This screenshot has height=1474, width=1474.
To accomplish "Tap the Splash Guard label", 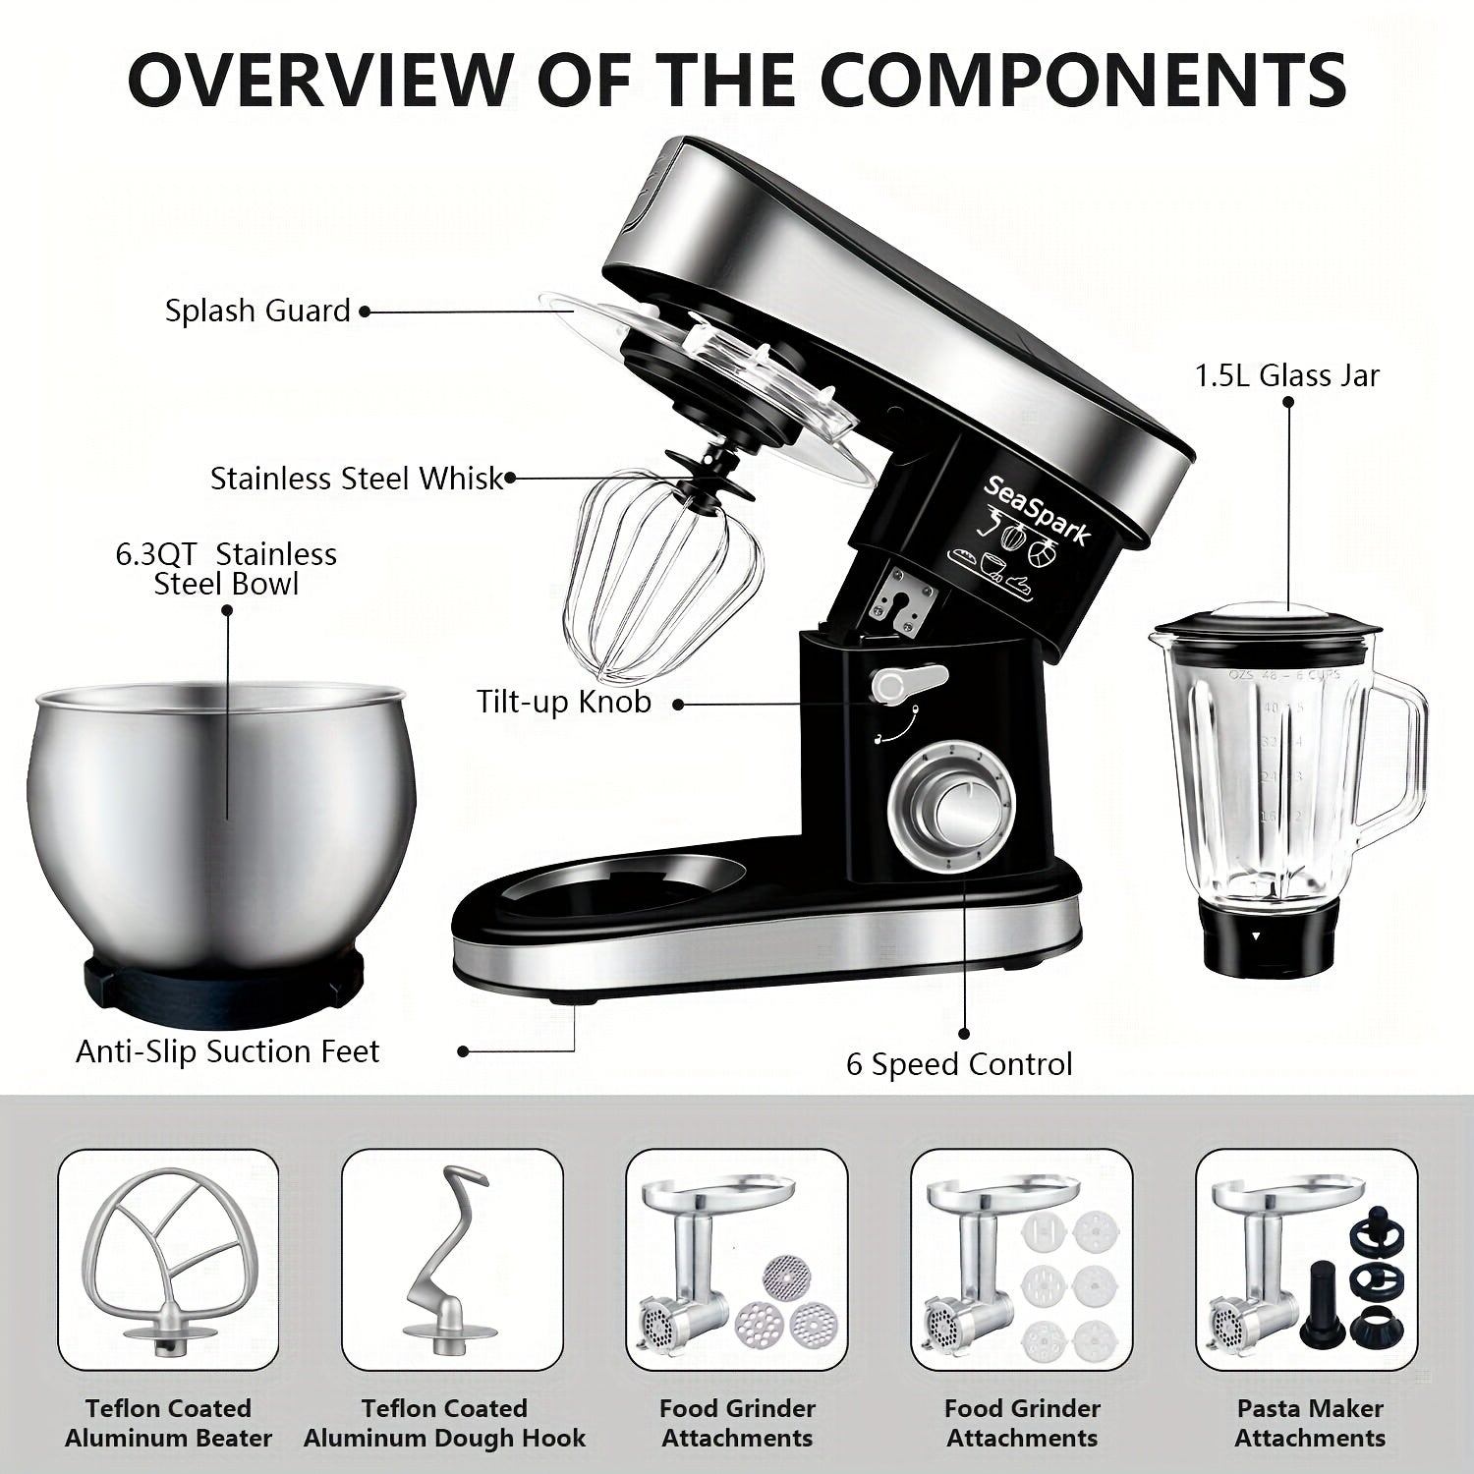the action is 257,312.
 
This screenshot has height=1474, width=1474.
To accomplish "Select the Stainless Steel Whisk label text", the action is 357,479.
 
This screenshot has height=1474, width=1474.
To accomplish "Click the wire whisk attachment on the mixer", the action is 663,575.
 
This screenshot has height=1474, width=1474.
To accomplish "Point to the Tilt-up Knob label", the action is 564,702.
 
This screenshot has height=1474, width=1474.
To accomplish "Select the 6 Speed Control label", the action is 959,1064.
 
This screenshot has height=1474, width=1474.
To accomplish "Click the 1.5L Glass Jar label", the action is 1287,375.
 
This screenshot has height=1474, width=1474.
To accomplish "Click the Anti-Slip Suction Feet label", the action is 228,1051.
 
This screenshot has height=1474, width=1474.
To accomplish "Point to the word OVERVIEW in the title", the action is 320,79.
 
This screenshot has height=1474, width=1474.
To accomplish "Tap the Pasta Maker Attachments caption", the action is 1310,1423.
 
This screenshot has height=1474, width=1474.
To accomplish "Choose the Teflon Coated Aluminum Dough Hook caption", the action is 444,1423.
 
